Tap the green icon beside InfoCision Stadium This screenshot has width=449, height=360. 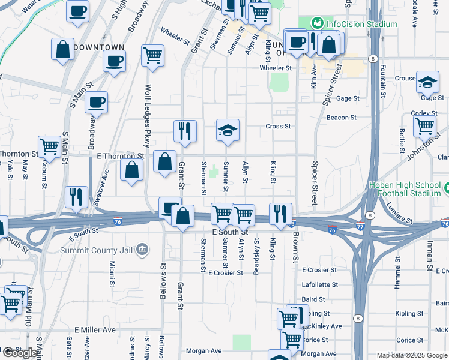318,24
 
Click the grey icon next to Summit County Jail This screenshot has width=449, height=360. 142,249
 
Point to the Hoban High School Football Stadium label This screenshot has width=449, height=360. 406,189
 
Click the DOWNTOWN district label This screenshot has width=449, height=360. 100,47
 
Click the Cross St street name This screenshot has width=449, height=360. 278,127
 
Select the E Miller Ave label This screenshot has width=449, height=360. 95,331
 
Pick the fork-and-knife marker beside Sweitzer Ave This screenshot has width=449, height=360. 76,196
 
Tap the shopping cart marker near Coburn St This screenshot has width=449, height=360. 49,145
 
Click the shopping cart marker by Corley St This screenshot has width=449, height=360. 425,127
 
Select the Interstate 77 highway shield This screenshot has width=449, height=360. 360,227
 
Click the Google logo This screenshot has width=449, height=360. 20,353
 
